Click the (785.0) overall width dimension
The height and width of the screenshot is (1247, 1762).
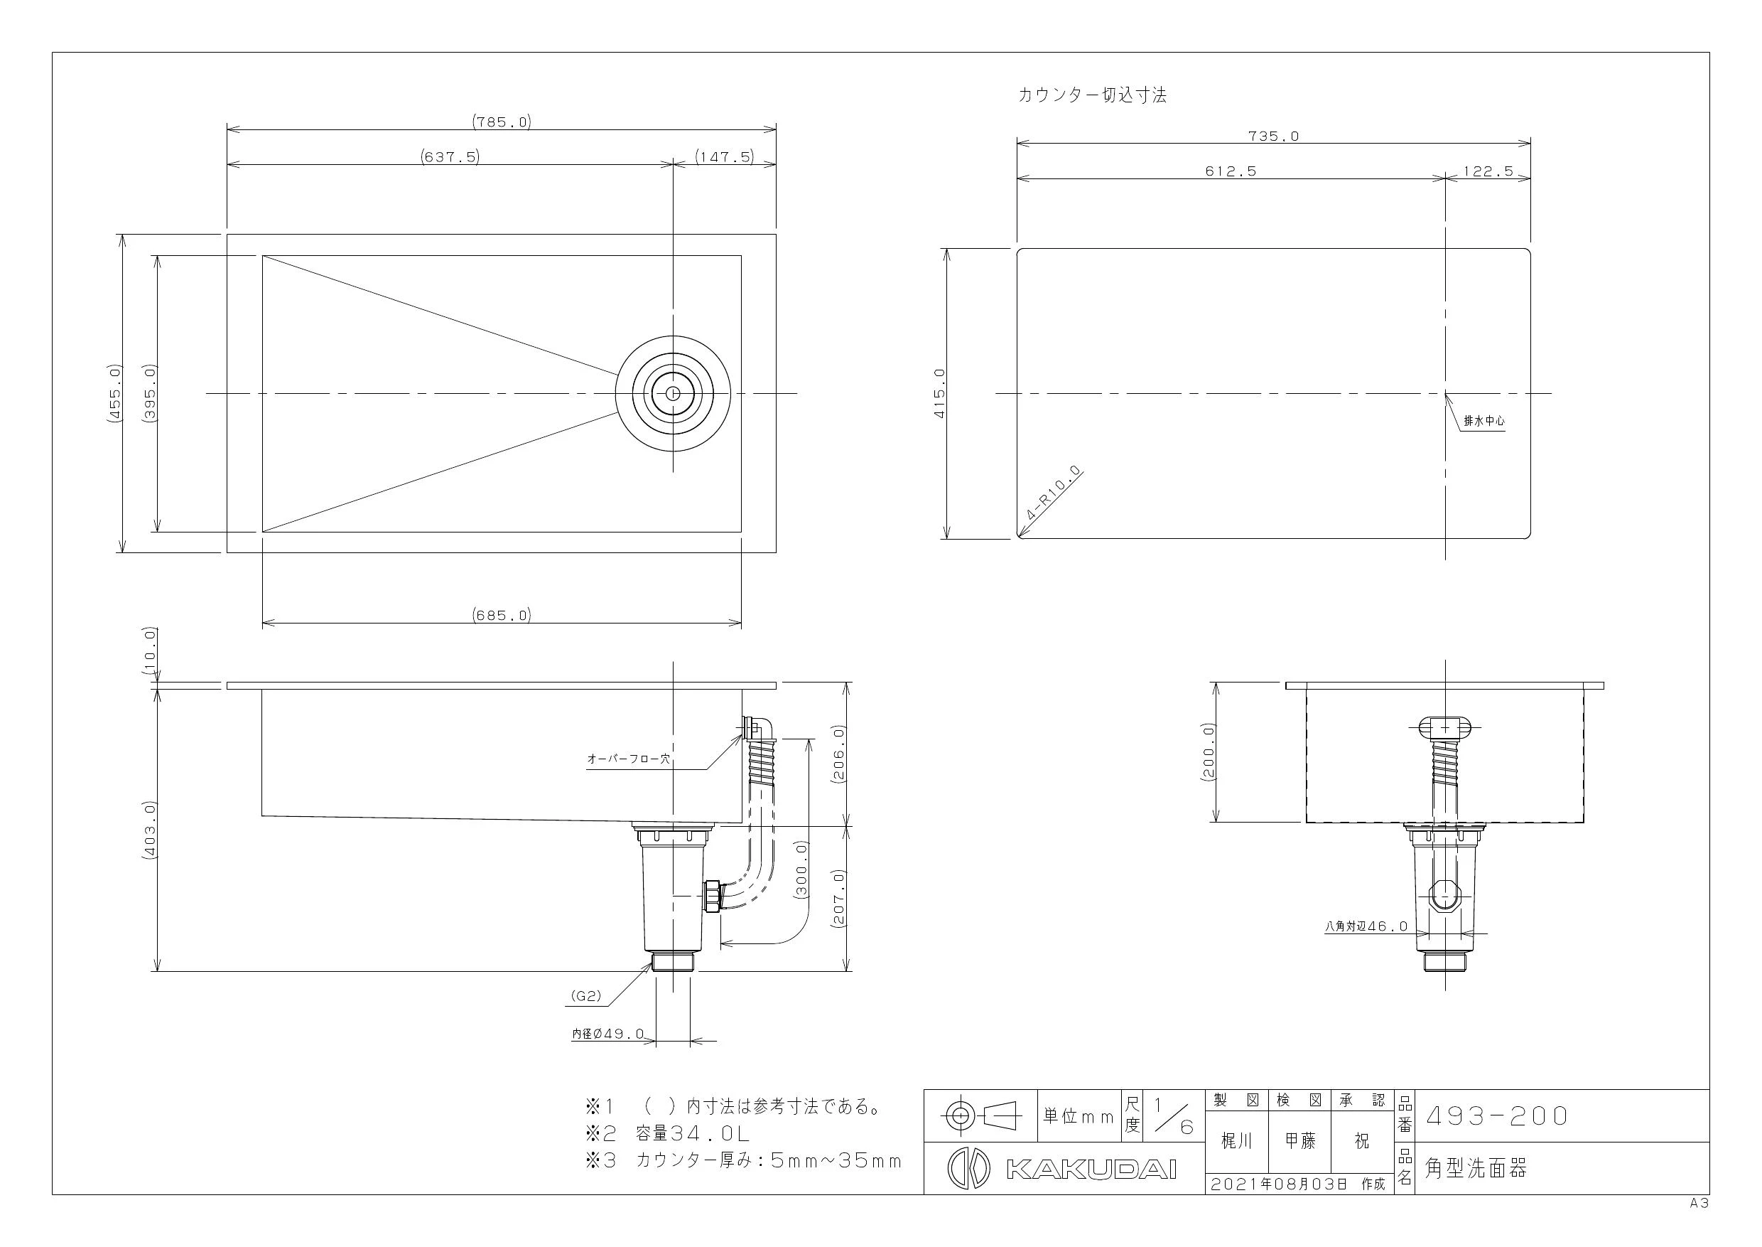click(x=502, y=122)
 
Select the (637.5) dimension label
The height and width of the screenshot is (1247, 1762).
click(x=450, y=156)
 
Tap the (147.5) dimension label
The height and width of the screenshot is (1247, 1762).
click(x=725, y=156)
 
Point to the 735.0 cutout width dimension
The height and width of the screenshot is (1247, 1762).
click(x=1273, y=136)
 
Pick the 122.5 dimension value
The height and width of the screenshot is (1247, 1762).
click(x=1488, y=171)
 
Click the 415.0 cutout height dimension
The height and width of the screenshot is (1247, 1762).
click(x=939, y=393)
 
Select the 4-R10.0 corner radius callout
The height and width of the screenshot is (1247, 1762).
click(x=1053, y=493)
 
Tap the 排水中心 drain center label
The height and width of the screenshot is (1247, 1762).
click(x=1484, y=421)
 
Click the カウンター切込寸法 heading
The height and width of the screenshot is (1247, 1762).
click(x=1092, y=95)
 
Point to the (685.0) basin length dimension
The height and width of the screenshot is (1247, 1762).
click(x=502, y=615)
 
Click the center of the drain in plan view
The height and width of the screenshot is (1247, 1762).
click(x=673, y=393)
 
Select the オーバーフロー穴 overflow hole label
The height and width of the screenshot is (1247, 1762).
click(x=629, y=759)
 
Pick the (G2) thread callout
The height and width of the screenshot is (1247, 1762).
click(x=585, y=996)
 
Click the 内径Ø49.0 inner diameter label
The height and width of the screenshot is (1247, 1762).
click(x=607, y=1034)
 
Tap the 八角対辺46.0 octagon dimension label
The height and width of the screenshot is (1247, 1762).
click(x=1366, y=926)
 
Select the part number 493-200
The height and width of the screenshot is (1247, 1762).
click(x=1497, y=1115)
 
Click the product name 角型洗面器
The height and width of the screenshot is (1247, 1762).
click(x=1476, y=1168)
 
